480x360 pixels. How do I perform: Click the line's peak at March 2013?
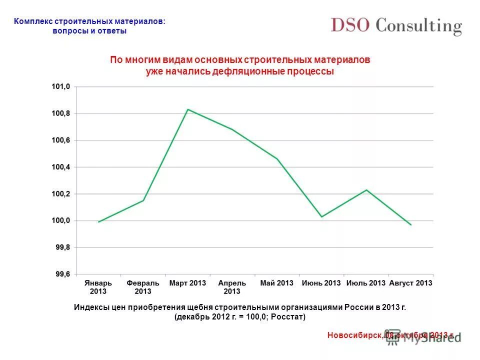click(x=187, y=109)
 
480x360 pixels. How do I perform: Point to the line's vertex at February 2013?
click(x=143, y=200)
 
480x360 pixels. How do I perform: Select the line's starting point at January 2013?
click(x=98, y=221)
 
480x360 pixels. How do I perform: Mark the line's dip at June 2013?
click(x=321, y=216)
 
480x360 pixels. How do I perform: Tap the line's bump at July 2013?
click(x=366, y=190)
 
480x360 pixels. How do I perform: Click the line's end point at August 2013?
click(x=411, y=225)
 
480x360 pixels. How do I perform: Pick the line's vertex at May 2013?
click(x=277, y=159)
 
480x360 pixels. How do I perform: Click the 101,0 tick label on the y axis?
click(x=61, y=87)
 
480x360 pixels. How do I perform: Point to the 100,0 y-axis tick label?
click(x=61, y=220)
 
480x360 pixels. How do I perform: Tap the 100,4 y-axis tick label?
click(x=61, y=167)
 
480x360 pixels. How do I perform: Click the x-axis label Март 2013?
click(x=187, y=283)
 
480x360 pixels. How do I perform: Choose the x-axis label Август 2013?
click(x=410, y=283)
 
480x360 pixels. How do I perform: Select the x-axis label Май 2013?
click(x=276, y=283)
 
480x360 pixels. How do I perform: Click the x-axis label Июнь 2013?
click(x=321, y=283)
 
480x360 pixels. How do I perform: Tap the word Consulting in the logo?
click(x=419, y=26)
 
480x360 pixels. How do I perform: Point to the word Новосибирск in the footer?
click(x=354, y=335)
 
